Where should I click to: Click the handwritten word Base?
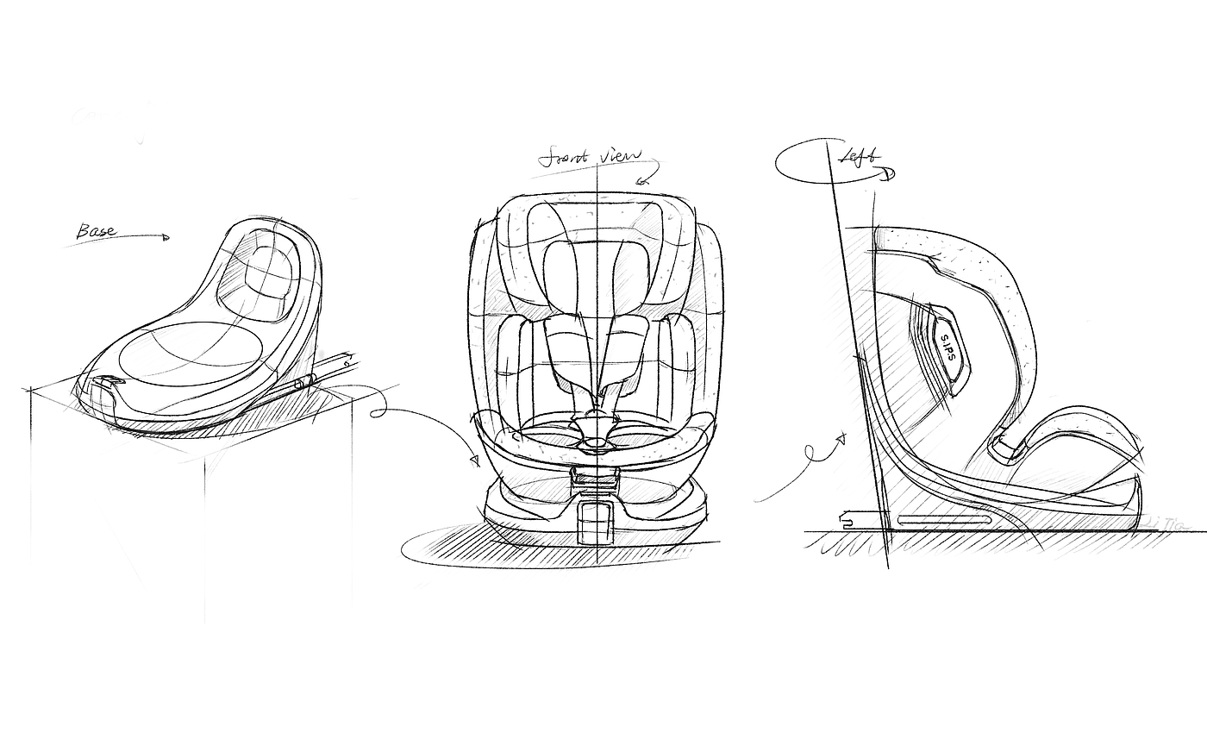97,231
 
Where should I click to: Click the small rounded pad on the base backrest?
266,275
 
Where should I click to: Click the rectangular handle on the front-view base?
595,522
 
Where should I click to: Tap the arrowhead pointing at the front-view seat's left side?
475,461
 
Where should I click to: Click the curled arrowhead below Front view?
641,180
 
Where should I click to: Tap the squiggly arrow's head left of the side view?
841,439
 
